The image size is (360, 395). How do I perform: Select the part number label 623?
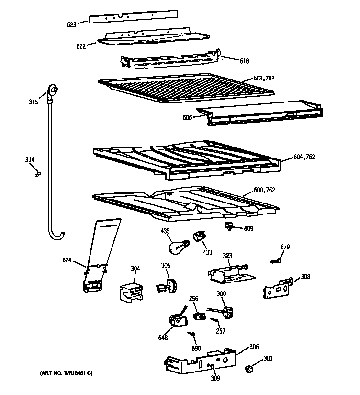tap(71, 23)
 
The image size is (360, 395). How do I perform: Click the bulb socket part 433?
tap(199, 237)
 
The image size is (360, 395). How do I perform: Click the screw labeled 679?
tap(276, 261)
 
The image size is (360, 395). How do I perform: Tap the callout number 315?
tap(33, 102)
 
